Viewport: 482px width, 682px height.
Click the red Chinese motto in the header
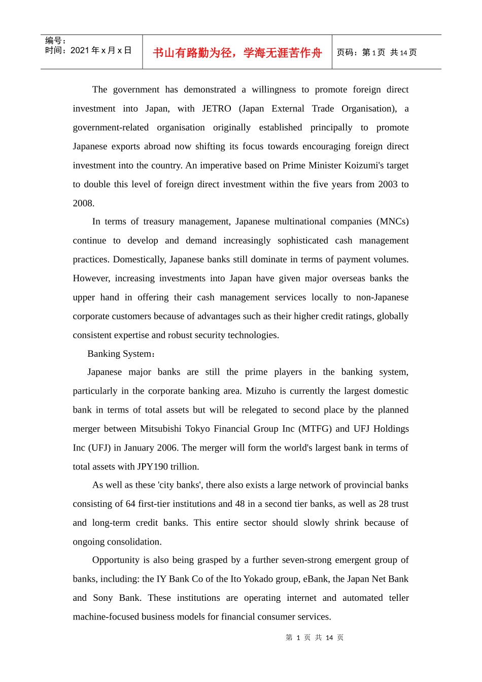tap(237, 53)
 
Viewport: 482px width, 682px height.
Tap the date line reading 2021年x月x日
tap(88, 50)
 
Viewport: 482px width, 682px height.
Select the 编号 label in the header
tap(55, 41)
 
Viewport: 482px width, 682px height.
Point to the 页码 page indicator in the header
tap(376, 53)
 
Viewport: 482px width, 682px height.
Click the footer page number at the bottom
tap(315, 637)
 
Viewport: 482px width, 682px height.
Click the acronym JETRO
tap(217, 109)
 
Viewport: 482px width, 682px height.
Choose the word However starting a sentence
tap(91, 278)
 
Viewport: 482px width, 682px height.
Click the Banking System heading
tap(121, 354)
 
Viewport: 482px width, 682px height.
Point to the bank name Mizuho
tap(261, 391)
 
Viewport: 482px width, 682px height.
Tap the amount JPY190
tap(152, 466)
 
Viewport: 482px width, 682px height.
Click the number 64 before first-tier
tap(130, 504)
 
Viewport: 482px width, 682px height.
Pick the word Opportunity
tap(115, 560)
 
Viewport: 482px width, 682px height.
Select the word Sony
tap(102, 598)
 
